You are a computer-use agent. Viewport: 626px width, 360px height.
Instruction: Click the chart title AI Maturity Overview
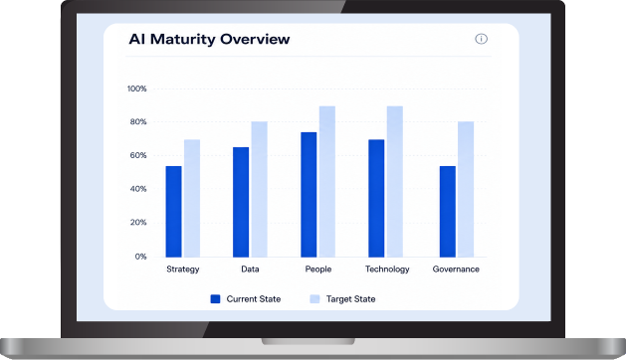click(209, 39)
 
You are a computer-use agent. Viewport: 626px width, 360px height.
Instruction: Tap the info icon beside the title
click(481, 39)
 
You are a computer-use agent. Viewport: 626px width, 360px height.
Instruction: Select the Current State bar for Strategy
click(173, 212)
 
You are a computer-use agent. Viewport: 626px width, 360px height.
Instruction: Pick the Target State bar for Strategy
click(192, 198)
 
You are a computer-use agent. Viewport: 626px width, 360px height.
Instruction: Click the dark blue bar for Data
click(241, 202)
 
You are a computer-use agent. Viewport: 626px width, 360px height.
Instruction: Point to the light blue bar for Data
click(259, 189)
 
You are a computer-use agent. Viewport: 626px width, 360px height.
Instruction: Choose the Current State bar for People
click(309, 195)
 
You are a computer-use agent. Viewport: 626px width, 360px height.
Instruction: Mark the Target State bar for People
click(327, 182)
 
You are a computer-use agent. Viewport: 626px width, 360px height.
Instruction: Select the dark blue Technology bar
click(376, 198)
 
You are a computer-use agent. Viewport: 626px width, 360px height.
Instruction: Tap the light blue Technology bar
click(395, 182)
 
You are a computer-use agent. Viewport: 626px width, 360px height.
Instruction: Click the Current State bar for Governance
click(448, 212)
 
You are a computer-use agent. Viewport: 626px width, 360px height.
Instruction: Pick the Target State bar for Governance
click(466, 189)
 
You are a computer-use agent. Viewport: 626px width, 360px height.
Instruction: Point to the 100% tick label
click(137, 89)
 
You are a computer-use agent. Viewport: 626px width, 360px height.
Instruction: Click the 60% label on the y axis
click(138, 155)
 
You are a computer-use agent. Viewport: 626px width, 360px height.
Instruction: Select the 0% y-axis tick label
click(140, 257)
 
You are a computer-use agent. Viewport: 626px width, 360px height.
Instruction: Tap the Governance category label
click(456, 269)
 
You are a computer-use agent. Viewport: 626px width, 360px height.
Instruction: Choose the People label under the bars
click(318, 269)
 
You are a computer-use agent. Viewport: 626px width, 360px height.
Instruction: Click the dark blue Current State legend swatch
click(215, 299)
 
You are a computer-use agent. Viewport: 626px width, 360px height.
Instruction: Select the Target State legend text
click(350, 299)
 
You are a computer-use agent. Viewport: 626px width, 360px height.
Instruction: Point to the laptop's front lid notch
click(309, 342)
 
